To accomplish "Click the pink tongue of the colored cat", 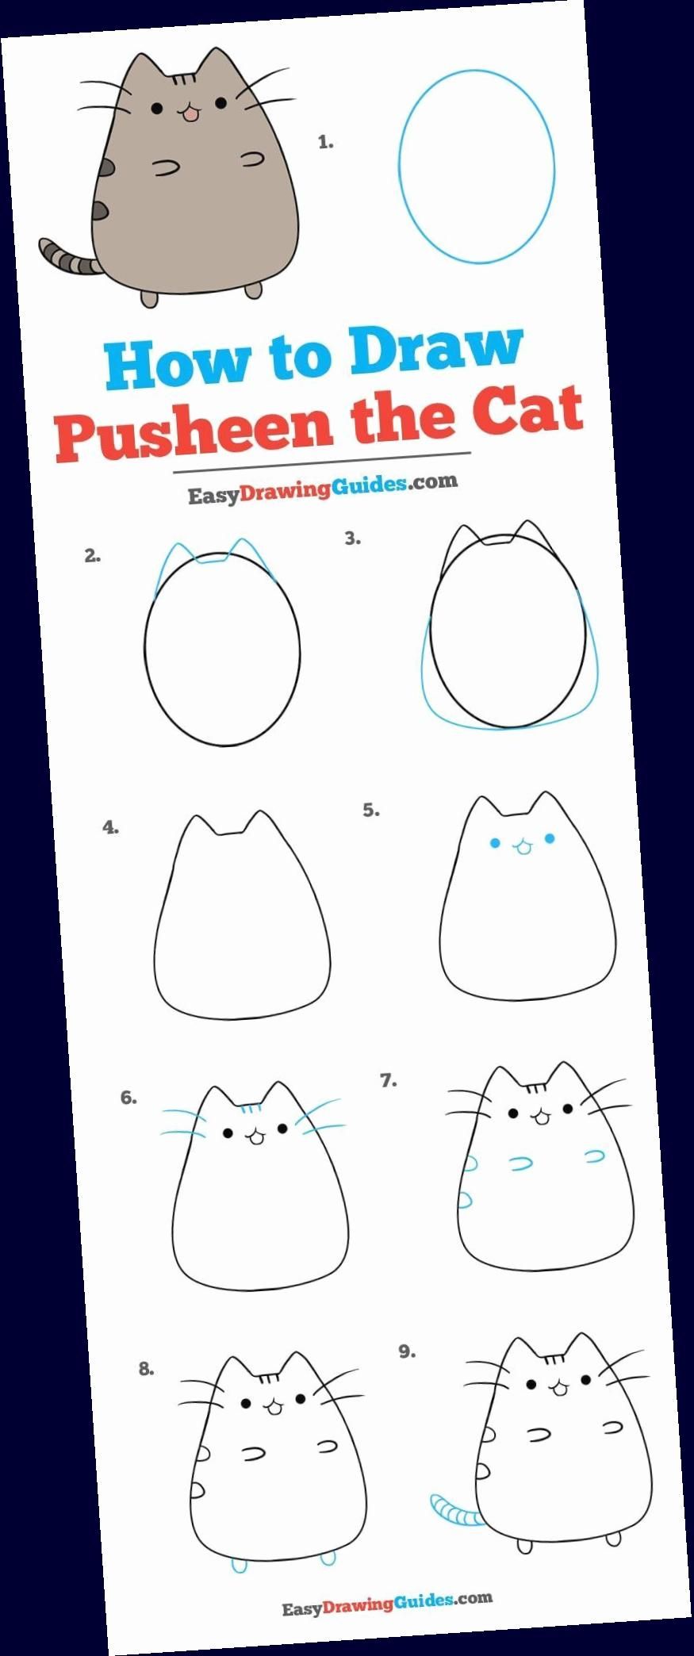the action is click(x=190, y=116).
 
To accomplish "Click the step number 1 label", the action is click(x=325, y=143).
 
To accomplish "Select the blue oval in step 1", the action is click(x=476, y=167).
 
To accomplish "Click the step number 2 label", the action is click(x=93, y=556).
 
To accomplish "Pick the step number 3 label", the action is click(x=353, y=539).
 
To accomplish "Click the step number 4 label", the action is click(x=111, y=827).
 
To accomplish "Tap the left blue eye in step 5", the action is click(x=496, y=843).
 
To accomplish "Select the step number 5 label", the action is click(x=371, y=810).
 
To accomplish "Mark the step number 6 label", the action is click(x=128, y=1098).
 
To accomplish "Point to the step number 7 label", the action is click(x=389, y=1080).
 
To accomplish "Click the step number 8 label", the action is click(x=147, y=1368).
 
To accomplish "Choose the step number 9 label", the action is click(x=407, y=1351).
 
